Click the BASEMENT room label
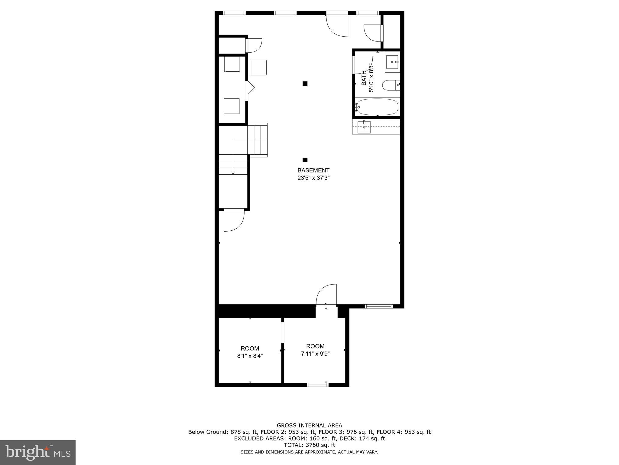click(313, 170)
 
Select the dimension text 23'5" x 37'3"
click(313, 178)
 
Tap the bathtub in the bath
click(377, 107)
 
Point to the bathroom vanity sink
click(392, 62)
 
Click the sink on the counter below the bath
click(364, 127)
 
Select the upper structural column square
click(305, 84)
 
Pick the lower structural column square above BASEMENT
click(305, 160)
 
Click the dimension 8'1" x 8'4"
click(250, 356)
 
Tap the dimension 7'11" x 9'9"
click(315, 354)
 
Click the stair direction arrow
click(233, 173)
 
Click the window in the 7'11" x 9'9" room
click(317, 385)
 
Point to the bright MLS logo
click(37, 452)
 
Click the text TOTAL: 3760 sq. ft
click(309, 445)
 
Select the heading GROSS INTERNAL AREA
click(309, 425)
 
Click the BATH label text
click(364, 78)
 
